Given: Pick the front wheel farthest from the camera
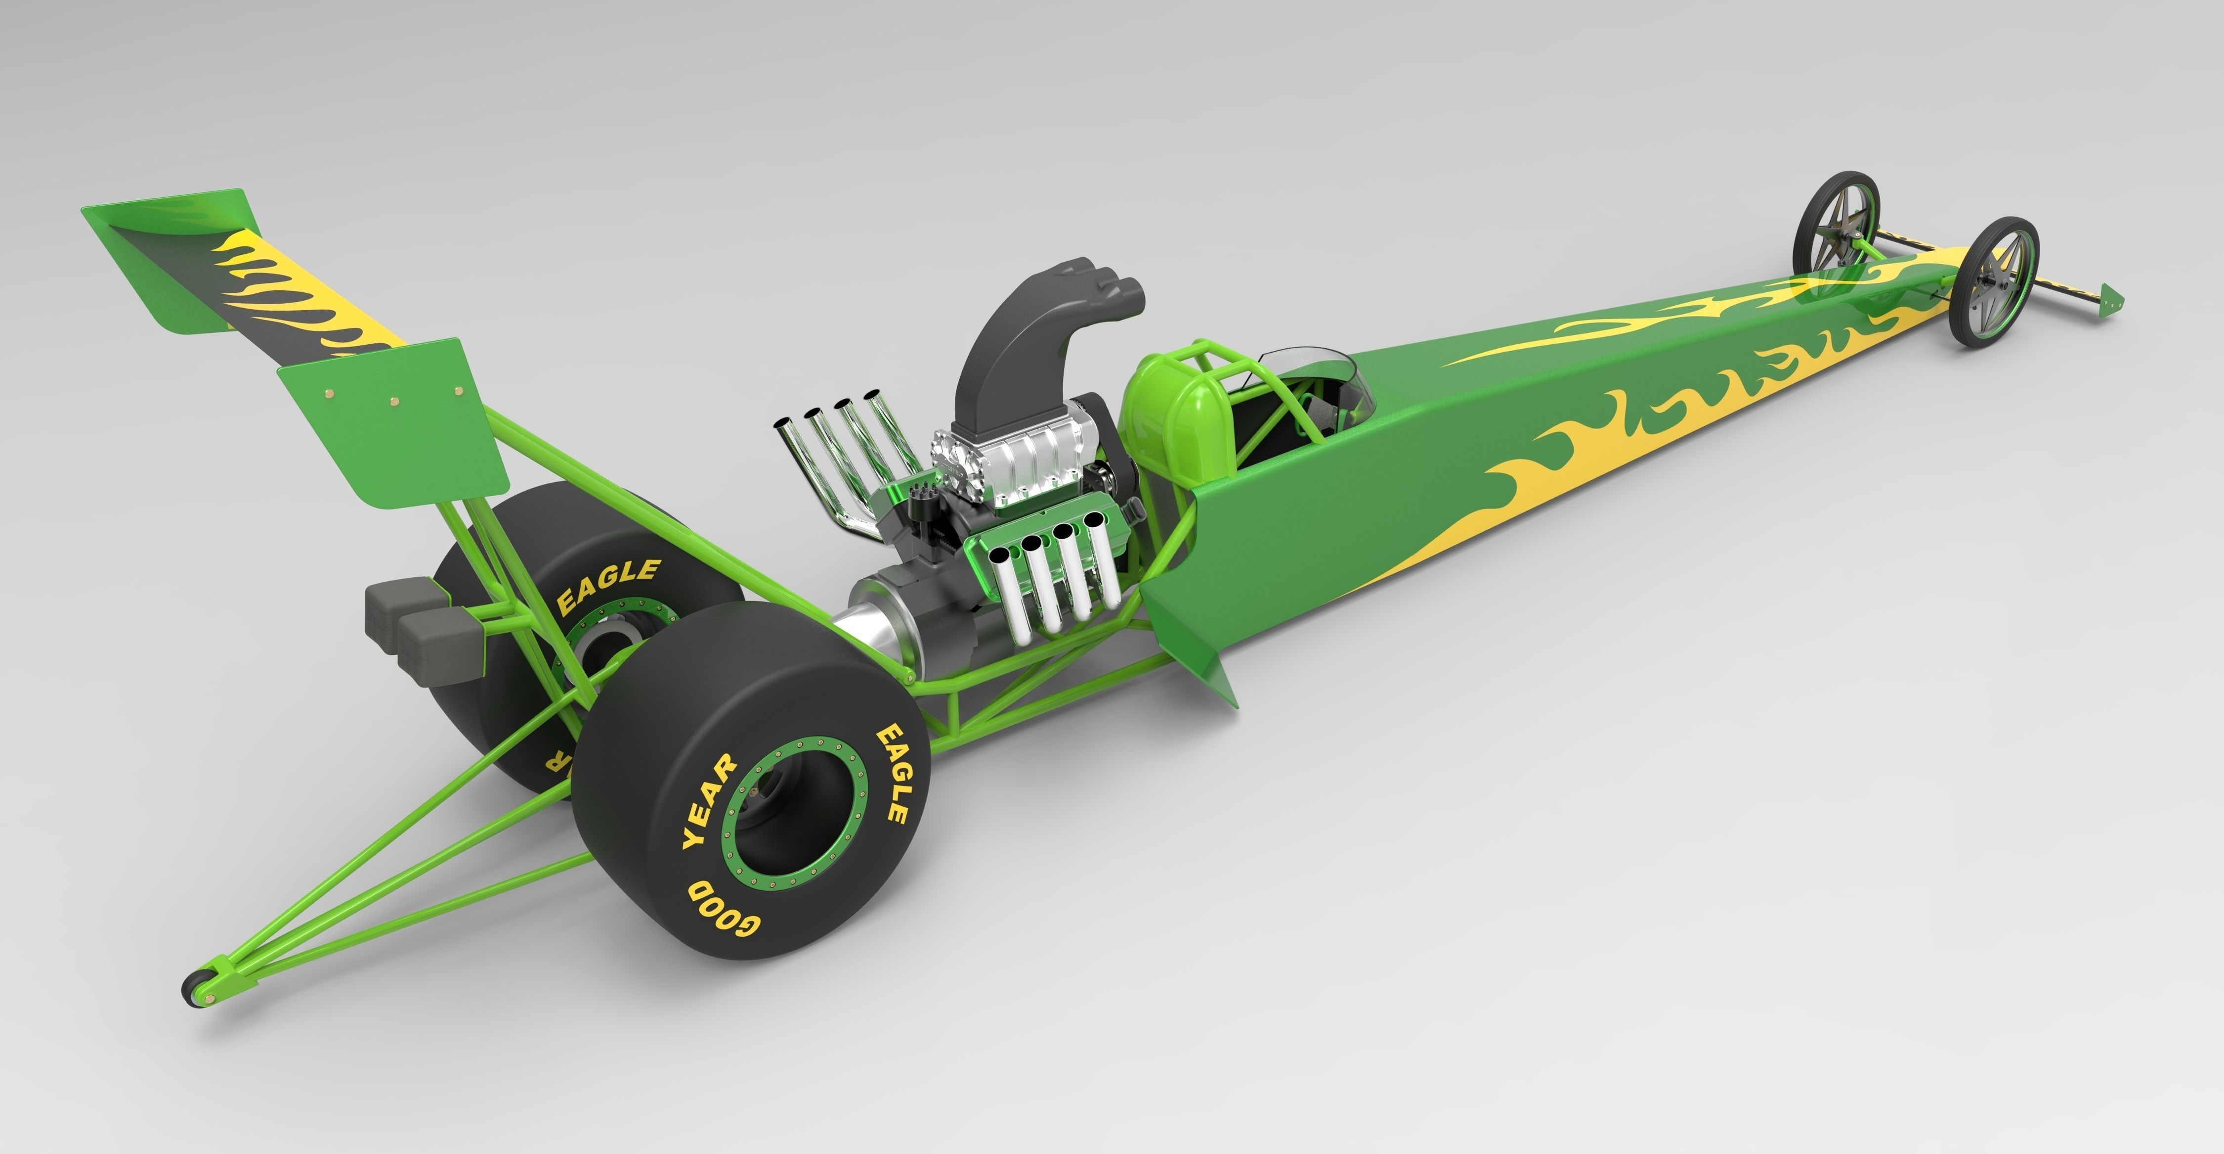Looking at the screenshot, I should point(1837,223).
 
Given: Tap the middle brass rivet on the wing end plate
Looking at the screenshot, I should point(394,400).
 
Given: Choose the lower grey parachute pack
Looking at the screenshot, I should point(440,644).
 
